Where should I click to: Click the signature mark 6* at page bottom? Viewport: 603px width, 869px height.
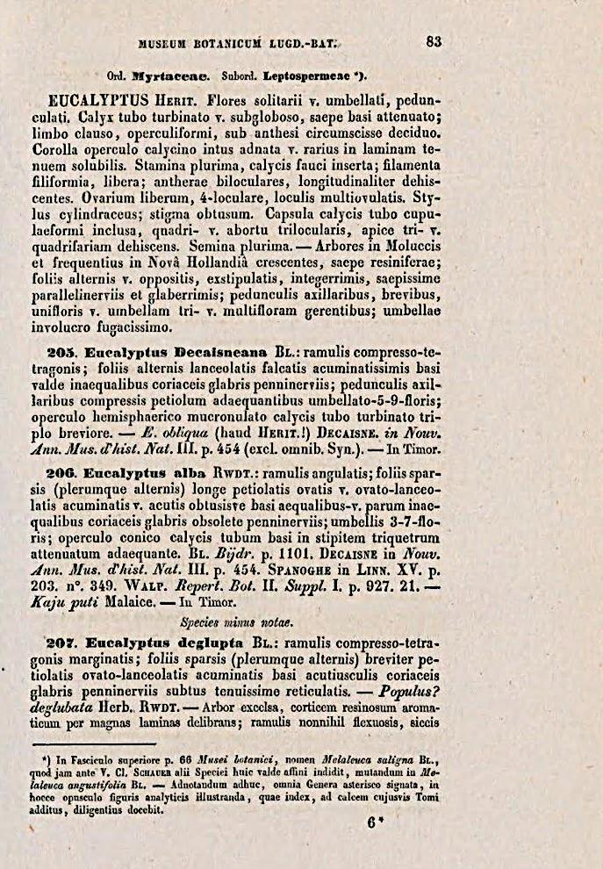376,822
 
